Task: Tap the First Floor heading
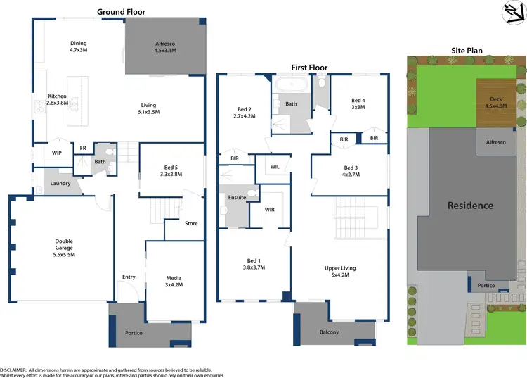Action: (309, 68)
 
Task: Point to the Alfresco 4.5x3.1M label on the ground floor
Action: (166, 46)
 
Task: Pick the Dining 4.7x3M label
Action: (78, 46)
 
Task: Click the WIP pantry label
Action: (57, 152)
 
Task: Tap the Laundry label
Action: (60, 184)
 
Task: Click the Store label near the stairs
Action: (191, 224)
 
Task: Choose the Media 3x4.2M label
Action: (174, 282)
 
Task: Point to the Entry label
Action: (129, 277)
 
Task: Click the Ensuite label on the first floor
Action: (237, 198)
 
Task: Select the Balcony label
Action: (329, 332)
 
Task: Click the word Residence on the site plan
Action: (471, 206)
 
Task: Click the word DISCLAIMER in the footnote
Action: (13, 369)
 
